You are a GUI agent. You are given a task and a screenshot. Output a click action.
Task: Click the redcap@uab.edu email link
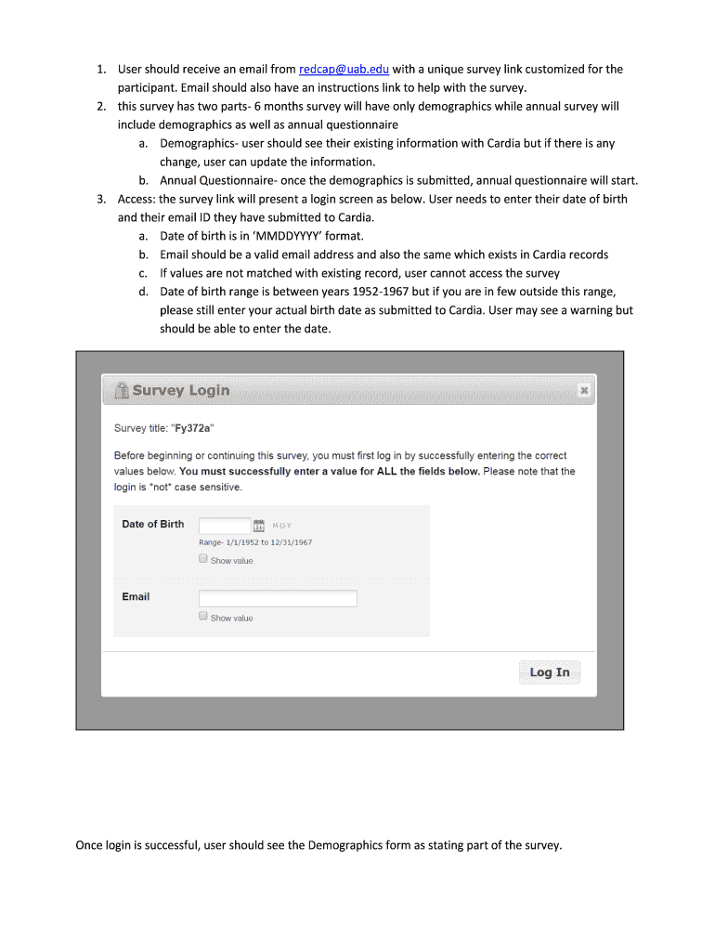pyautogui.click(x=344, y=70)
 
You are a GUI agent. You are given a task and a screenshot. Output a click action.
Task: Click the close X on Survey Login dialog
pyautogui.click(x=584, y=391)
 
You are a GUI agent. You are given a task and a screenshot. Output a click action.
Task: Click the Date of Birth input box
pyautogui.click(x=225, y=525)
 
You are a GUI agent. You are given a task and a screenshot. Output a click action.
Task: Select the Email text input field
pyautogui.click(x=278, y=599)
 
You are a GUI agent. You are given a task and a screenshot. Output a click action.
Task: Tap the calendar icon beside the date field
pyautogui.click(x=259, y=526)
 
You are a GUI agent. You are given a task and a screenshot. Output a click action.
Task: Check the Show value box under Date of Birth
pyautogui.click(x=203, y=559)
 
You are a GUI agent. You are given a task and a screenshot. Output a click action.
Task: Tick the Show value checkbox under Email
pyautogui.click(x=203, y=617)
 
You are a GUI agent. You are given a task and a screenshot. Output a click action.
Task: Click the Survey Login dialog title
pyautogui.click(x=180, y=390)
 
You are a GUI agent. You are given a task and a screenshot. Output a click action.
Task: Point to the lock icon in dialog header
pyautogui.click(x=121, y=390)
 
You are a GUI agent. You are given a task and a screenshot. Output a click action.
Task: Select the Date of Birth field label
pyautogui.click(x=153, y=524)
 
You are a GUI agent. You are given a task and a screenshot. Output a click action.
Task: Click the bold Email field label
pyautogui.click(x=136, y=596)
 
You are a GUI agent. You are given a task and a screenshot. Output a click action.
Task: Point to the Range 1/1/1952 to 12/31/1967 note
pyautogui.click(x=255, y=542)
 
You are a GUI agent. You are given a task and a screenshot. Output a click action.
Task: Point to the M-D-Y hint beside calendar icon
pyautogui.click(x=281, y=526)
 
